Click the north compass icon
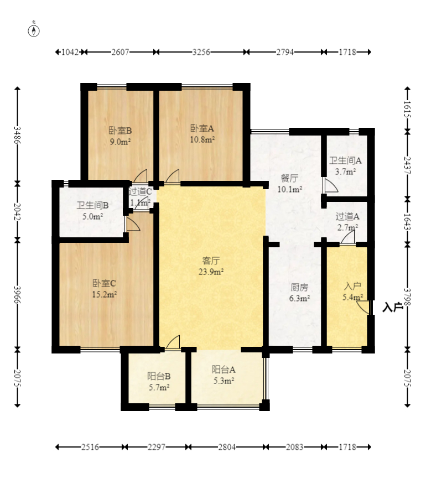(x=34, y=30)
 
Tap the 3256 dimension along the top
(x=201, y=52)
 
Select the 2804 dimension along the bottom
(x=227, y=447)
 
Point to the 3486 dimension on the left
(x=17, y=135)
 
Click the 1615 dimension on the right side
(x=407, y=109)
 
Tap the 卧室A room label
(x=202, y=128)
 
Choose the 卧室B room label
(x=120, y=131)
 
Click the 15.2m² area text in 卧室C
(x=105, y=294)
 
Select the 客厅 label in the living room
(x=211, y=261)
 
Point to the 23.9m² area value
(x=211, y=272)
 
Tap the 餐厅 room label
(x=289, y=178)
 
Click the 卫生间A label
(x=345, y=160)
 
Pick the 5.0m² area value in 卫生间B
(x=92, y=216)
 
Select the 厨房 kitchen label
(x=299, y=287)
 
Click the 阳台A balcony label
(x=224, y=370)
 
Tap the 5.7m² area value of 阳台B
(x=159, y=387)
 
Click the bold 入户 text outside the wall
(x=393, y=307)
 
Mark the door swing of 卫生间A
(x=330, y=185)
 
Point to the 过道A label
(x=347, y=216)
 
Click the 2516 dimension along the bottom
(x=90, y=447)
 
